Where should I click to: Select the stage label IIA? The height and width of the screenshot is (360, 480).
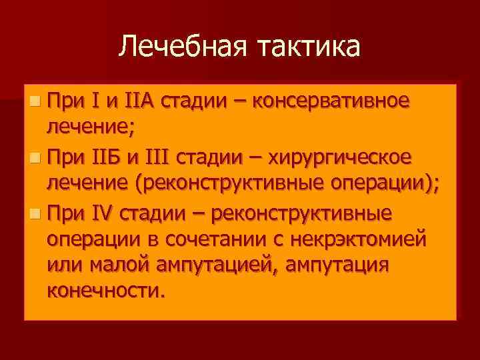pyautogui.click(x=139, y=101)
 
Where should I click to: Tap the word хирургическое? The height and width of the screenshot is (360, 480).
pyautogui.click(x=342, y=158)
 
